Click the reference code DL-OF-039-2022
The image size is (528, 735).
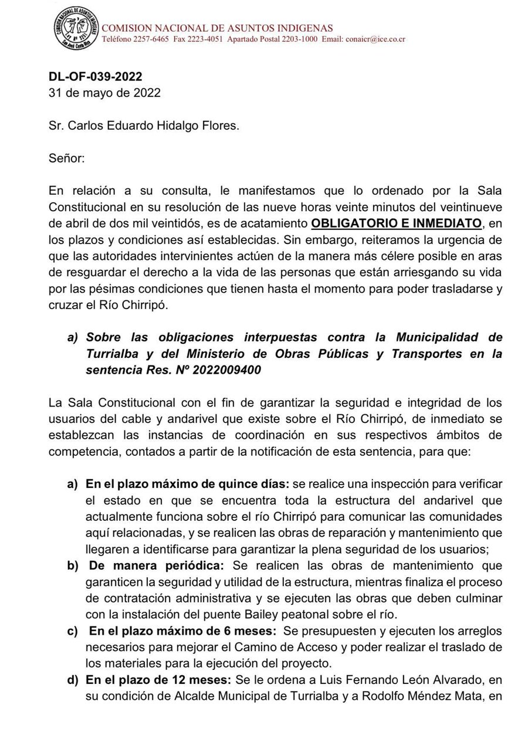pyautogui.click(x=95, y=77)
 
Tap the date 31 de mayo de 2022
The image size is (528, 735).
pyautogui.click(x=104, y=92)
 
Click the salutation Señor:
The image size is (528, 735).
pyautogui.click(x=67, y=158)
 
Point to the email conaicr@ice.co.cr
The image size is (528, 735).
pyautogui.click(x=375, y=39)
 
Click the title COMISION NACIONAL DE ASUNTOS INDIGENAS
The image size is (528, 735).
pyautogui.click(x=217, y=28)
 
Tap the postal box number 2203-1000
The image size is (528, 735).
pyautogui.click(x=299, y=39)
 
